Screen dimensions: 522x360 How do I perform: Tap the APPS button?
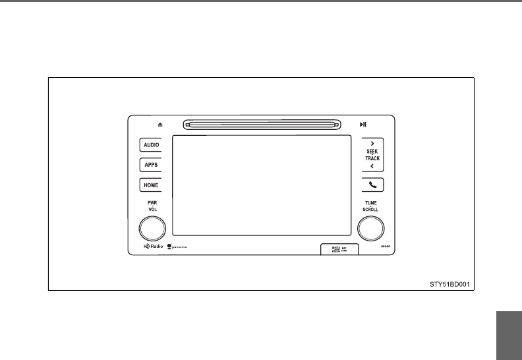click(x=151, y=165)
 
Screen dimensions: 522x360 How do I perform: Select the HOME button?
click(x=151, y=185)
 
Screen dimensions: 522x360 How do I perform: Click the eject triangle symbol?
click(x=159, y=124)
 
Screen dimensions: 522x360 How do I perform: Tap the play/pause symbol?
click(x=363, y=124)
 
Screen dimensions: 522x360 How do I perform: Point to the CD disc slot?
click(x=262, y=124)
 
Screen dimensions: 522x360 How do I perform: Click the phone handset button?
click(x=372, y=185)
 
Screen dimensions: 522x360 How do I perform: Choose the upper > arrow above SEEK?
click(x=372, y=143)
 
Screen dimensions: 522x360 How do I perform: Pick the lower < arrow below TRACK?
click(x=372, y=167)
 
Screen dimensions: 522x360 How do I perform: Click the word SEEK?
click(x=372, y=151)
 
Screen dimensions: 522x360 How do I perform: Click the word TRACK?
click(x=372, y=159)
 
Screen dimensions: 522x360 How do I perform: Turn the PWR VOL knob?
click(x=152, y=229)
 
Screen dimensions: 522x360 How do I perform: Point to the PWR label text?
click(x=152, y=202)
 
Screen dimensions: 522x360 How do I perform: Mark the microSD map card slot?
click(x=337, y=248)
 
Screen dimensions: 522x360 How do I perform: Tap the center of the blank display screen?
click(x=262, y=185)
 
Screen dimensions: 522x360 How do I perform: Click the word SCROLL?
click(x=370, y=209)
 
